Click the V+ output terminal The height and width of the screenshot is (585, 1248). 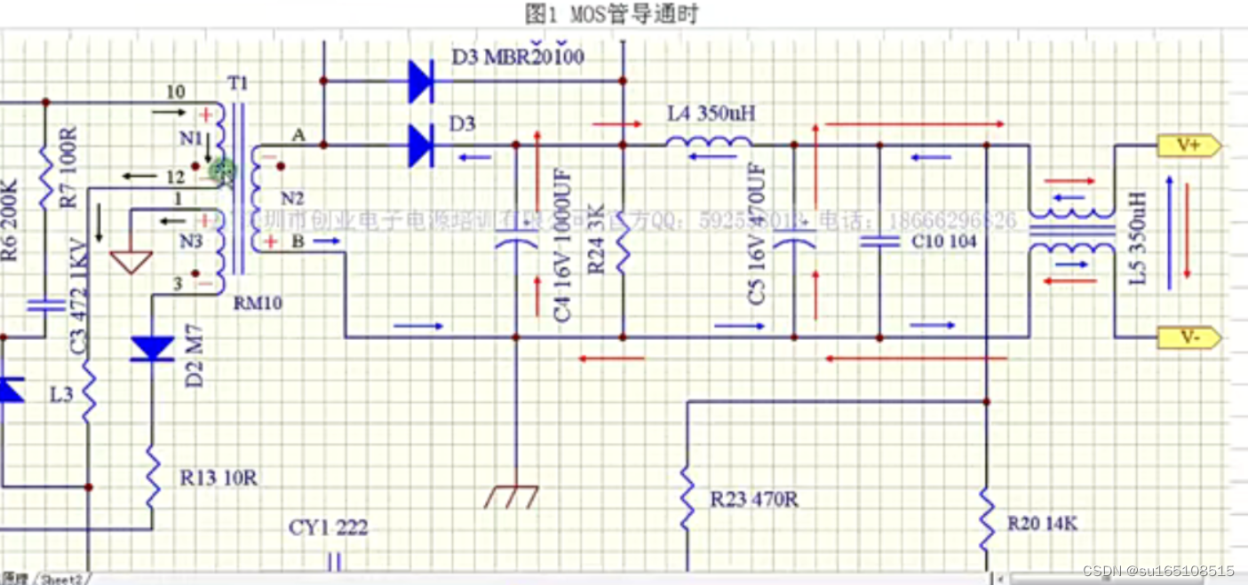(1188, 146)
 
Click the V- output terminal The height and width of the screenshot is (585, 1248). (1188, 337)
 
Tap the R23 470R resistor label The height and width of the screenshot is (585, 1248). (753, 500)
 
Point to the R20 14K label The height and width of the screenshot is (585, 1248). (1042, 524)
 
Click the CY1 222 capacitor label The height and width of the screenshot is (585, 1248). (328, 528)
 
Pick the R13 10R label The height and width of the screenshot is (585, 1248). (219, 478)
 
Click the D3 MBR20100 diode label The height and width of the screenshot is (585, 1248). (518, 58)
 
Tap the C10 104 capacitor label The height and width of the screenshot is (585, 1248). (943, 241)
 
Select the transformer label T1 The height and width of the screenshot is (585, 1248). (238, 83)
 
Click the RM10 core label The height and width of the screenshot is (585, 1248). (258, 304)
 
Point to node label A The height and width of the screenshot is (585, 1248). (298, 134)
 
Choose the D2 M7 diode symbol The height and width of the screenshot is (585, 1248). (152, 349)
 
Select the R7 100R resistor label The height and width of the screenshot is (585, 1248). (69, 168)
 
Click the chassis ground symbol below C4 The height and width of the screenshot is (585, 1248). (512, 496)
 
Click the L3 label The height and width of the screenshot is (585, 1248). (61, 395)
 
